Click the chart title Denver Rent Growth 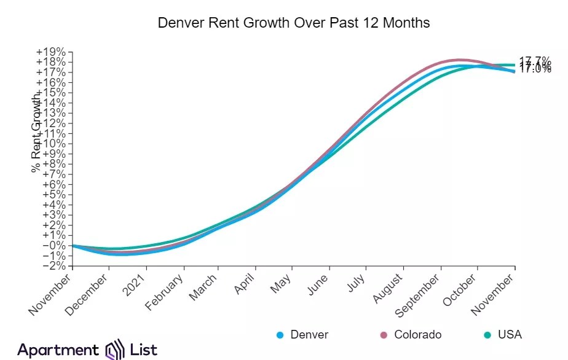(294, 23)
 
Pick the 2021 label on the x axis (136, 286)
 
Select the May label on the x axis (282, 286)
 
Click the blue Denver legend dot (280, 335)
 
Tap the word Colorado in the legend (417, 335)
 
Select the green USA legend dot (487, 335)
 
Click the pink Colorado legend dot (384, 335)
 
